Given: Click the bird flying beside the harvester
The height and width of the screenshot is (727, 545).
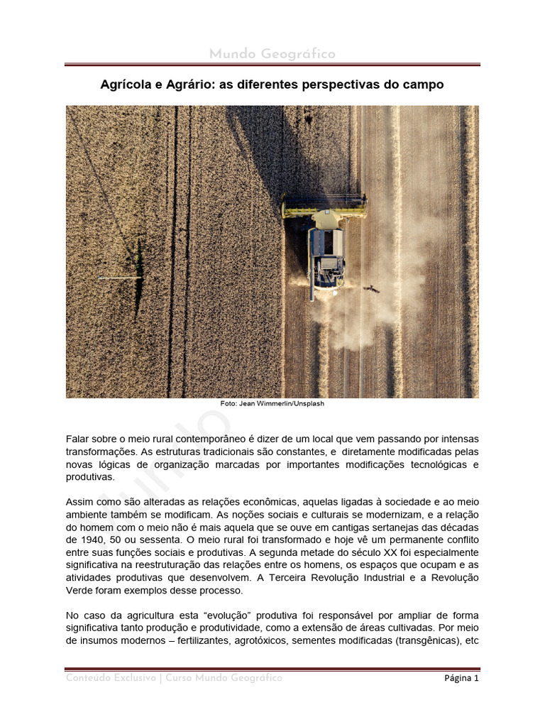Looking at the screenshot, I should click(x=370, y=288).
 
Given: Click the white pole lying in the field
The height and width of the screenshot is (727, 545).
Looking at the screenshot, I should click(x=120, y=278).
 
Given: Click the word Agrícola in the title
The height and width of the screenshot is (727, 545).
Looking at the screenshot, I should click(x=125, y=84).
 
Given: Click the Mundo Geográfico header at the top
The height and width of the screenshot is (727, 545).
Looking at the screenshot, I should click(x=272, y=55).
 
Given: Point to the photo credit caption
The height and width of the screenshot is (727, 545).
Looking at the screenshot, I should click(x=272, y=403).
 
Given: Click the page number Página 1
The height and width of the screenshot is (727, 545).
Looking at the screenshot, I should click(x=461, y=678).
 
